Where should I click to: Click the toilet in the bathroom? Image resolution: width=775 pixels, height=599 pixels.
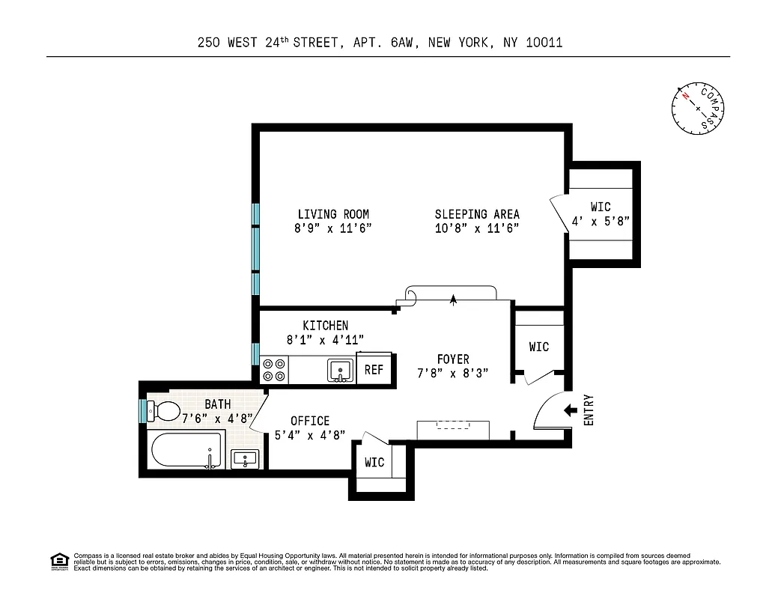tap(163, 410)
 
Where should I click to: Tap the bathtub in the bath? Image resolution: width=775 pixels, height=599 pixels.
tap(186, 451)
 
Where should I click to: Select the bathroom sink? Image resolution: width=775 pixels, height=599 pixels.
tap(245, 457)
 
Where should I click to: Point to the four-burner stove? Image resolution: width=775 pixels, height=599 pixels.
tap(274, 370)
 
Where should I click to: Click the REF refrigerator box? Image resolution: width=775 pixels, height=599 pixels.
tap(374, 369)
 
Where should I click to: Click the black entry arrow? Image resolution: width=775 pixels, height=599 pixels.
tap(570, 410)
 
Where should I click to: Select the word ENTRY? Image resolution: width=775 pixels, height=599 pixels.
tap(588, 410)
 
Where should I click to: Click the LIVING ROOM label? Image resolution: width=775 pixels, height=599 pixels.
tap(333, 214)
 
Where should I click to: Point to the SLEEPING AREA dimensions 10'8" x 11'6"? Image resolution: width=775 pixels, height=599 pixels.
tap(477, 228)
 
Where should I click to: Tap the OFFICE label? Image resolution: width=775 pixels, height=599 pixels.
tap(310, 421)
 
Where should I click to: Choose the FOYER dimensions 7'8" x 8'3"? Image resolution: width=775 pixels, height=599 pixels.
tap(453, 373)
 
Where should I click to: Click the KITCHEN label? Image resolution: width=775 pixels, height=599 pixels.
tap(325, 325)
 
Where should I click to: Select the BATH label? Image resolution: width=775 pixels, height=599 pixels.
tap(218, 404)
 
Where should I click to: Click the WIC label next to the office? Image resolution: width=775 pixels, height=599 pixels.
tap(374, 462)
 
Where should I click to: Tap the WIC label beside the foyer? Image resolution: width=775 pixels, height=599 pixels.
tap(539, 347)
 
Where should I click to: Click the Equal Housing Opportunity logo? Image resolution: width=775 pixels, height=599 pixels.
tap(58, 561)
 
